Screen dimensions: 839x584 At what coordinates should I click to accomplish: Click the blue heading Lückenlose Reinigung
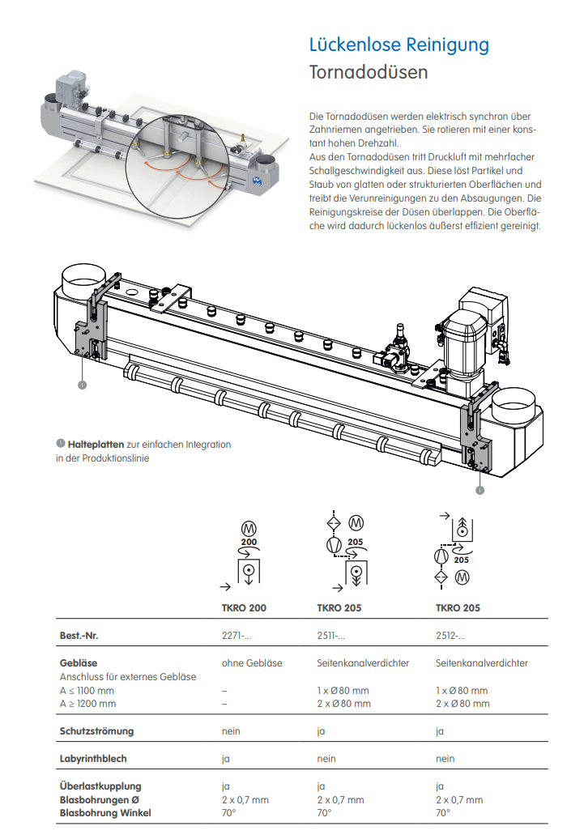[399, 45]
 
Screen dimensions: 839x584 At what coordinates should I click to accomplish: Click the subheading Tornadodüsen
[369, 72]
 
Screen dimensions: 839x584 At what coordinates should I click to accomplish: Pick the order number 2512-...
[450, 636]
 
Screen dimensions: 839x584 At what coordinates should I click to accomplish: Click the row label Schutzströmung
[96, 730]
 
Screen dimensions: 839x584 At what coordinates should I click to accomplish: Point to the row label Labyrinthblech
[93, 759]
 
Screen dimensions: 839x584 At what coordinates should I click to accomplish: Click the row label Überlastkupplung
[100, 786]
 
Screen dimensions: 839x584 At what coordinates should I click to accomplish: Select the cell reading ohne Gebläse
[252, 662]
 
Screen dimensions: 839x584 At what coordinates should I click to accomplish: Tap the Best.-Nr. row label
[79, 636]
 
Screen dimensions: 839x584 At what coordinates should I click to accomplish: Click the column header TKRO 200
[244, 608]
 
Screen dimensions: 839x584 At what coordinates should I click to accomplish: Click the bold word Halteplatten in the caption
[96, 444]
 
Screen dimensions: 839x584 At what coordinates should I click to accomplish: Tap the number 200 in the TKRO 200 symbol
[249, 541]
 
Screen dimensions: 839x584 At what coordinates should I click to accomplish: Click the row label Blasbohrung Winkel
[105, 812]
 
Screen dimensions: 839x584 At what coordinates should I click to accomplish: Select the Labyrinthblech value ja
[226, 759]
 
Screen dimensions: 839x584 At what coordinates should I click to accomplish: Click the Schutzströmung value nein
[231, 730]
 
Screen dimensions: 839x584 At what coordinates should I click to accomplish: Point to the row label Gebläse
[79, 662]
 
